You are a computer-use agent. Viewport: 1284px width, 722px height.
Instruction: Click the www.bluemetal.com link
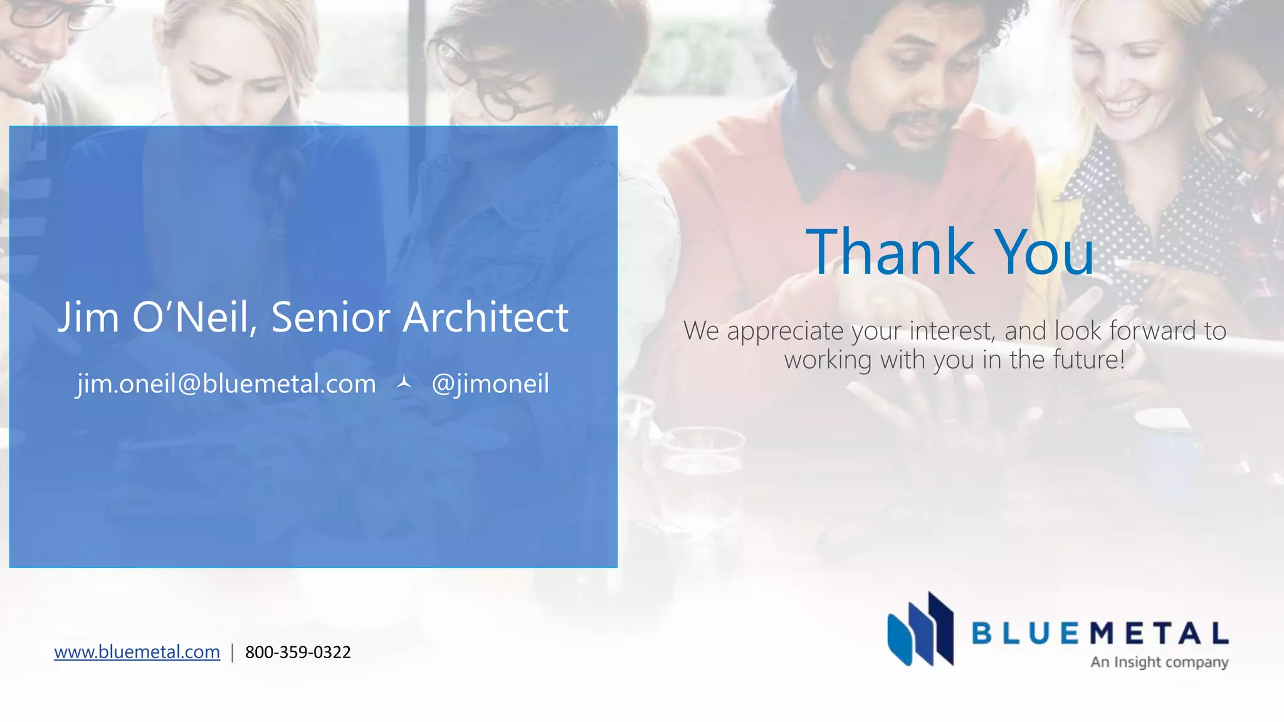click(x=137, y=652)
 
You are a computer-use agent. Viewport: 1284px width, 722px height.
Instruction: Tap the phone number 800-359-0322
click(x=298, y=652)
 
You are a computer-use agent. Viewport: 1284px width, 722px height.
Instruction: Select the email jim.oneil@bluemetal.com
click(x=226, y=384)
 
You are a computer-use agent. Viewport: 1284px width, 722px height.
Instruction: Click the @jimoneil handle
click(x=490, y=384)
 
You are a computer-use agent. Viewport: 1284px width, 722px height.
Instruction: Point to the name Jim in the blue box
click(x=88, y=317)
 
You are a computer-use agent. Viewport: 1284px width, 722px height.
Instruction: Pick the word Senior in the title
click(x=331, y=317)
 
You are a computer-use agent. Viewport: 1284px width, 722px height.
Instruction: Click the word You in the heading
click(x=1045, y=252)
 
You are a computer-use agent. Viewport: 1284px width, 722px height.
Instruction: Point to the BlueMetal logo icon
click(x=920, y=629)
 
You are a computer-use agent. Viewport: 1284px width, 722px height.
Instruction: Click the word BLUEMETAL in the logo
click(x=1100, y=633)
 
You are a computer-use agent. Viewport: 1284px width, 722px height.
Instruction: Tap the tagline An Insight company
click(x=1159, y=662)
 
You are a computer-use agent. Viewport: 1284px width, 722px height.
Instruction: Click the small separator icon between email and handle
click(x=404, y=382)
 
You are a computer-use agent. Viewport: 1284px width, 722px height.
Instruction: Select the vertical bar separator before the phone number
click(x=233, y=652)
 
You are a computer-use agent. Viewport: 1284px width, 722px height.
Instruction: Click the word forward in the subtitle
click(x=1152, y=330)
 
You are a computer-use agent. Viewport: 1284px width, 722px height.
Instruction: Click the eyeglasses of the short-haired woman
click(x=495, y=88)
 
